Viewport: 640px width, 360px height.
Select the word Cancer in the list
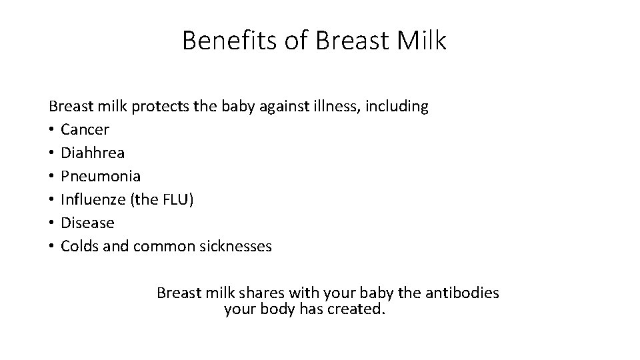pyautogui.click(x=85, y=129)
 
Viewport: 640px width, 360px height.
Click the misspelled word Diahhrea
pyautogui.click(x=92, y=153)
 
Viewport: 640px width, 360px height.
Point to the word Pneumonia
pyautogui.click(x=101, y=176)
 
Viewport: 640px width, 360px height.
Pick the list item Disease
pyautogui.click(x=87, y=223)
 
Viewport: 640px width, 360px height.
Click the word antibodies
pyautogui.click(x=461, y=293)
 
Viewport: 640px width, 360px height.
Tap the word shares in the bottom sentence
pyautogui.click(x=255, y=293)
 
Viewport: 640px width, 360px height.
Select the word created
pyautogui.click(x=357, y=309)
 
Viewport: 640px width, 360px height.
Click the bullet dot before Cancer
pyautogui.click(x=51, y=130)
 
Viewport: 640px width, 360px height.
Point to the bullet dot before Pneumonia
pyautogui.click(x=51, y=177)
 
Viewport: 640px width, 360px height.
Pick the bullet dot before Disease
pyautogui.click(x=51, y=223)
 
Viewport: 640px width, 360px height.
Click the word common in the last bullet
pyautogui.click(x=163, y=246)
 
